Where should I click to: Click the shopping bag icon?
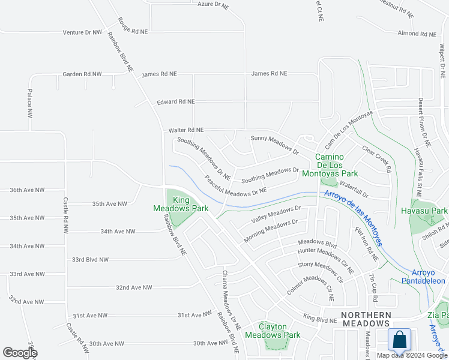(x=399, y=340)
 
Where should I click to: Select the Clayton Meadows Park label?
(x=279, y=331)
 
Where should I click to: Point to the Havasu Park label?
(x=426, y=211)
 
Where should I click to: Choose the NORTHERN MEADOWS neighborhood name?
(x=366, y=319)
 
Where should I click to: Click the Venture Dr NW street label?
(x=82, y=32)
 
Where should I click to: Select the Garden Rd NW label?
(x=82, y=74)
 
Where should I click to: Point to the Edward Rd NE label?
(x=175, y=102)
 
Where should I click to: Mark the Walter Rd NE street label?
(x=186, y=130)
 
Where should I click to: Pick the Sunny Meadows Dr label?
(x=274, y=145)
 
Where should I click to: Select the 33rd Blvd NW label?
(x=90, y=260)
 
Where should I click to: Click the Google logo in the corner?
(x=19, y=353)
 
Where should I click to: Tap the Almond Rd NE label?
(x=415, y=33)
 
